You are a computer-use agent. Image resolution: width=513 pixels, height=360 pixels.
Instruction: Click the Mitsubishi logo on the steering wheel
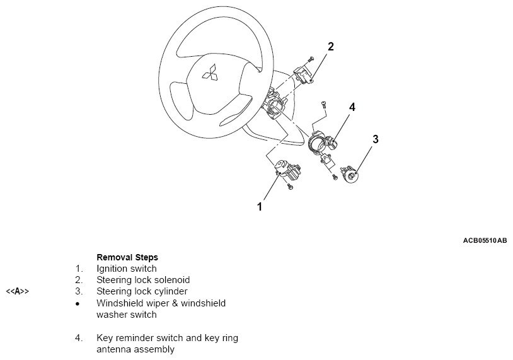pyautogui.click(x=209, y=73)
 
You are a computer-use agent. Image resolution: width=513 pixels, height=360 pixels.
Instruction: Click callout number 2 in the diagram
pyautogui.click(x=331, y=46)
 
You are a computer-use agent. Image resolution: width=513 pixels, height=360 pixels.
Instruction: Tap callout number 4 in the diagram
pyautogui.click(x=352, y=107)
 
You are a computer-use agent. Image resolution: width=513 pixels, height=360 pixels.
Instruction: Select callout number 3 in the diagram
pyautogui.click(x=376, y=139)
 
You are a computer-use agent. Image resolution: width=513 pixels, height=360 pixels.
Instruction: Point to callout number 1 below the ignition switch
pyautogui.click(x=259, y=206)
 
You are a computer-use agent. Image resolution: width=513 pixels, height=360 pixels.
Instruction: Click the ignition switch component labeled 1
pyautogui.click(x=287, y=170)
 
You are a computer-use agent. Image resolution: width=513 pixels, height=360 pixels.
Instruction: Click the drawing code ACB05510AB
pyautogui.click(x=485, y=241)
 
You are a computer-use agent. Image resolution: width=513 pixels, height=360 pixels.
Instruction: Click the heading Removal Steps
pyautogui.click(x=127, y=257)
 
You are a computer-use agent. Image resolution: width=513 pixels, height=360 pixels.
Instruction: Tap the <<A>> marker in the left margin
pyautogui.click(x=18, y=291)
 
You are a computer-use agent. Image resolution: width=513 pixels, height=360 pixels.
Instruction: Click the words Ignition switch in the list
pyautogui.click(x=127, y=269)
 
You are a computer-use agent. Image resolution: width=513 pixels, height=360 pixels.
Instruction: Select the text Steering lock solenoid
pyautogui.click(x=143, y=280)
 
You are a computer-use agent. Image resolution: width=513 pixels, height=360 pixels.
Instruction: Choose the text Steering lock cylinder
pyautogui.click(x=142, y=291)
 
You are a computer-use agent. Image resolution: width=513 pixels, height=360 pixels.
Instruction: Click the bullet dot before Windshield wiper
pyautogui.click(x=78, y=303)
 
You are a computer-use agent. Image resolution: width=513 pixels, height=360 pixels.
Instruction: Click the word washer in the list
pyautogui.click(x=111, y=314)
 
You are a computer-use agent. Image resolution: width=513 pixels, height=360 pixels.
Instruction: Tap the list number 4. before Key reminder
pyautogui.click(x=79, y=337)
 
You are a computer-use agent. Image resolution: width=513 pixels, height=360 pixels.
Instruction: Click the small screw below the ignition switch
pyautogui.click(x=290, y=187)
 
